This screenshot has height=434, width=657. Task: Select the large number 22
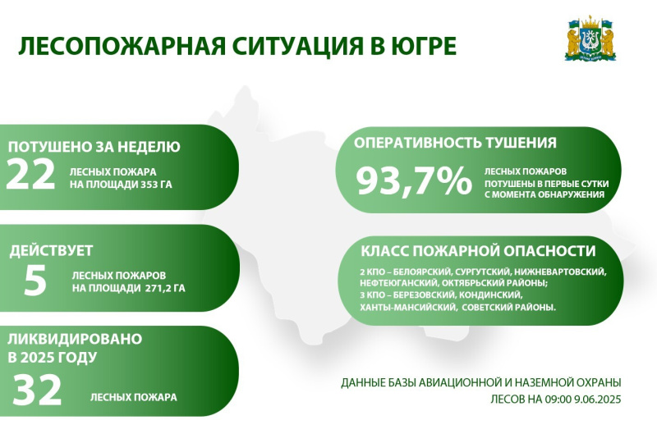pyautogui.click(x=30, y=174)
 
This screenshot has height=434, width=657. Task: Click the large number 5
pyautogui.click(x=35, y=280)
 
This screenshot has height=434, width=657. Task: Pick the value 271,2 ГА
pyautogui.click(x=166, y=288)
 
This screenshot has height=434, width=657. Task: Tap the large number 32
pyautogui.click(x=37, y=390)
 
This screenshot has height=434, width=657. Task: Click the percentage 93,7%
pyautogui.click(x=414, y=180)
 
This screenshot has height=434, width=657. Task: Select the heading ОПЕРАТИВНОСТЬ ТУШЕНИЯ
pyautogui.click(x=455, y=143)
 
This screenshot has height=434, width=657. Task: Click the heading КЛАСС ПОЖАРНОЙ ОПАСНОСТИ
pyautogui.click(x=478, y=251)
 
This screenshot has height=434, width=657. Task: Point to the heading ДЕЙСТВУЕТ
pyautogui.click(x=51, y=250)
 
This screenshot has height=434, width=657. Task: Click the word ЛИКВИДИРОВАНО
pyautogui.click(x=75, y=338)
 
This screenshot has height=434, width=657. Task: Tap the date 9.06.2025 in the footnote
pyautogui.click(x=598, y=400)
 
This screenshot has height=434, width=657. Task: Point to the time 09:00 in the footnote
pyautogui.click(x=558, y=400)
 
